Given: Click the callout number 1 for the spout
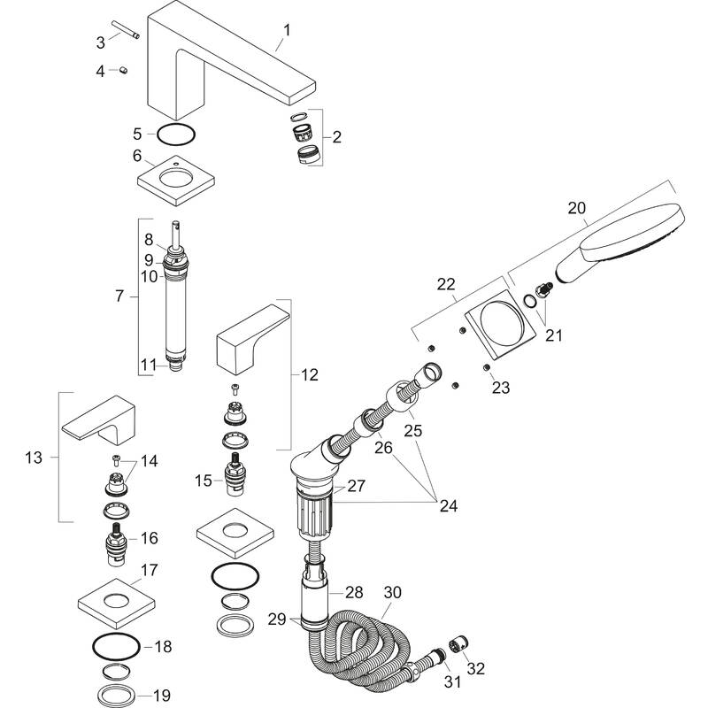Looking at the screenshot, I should (x=286, y=31).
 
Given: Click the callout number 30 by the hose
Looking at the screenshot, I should (x=392, y=592).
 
